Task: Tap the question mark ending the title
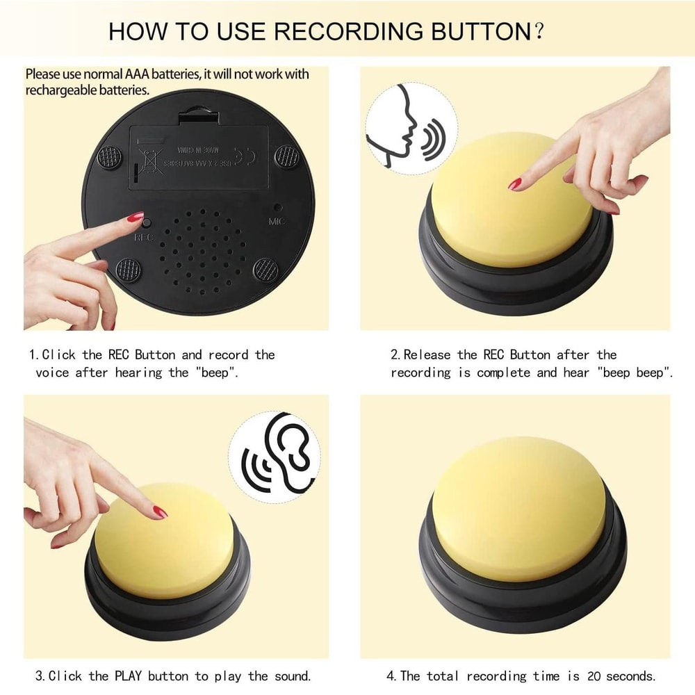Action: click(x=537, y=31)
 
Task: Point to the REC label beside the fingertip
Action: click(x=143, y=237)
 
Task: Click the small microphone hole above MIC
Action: click(x=277, y=207)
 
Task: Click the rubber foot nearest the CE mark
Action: click(x=286, y=156)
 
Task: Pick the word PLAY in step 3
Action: click(x=128, y=676)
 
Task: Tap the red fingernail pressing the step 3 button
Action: click(x=160, y=512)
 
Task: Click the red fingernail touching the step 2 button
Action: click(x=514, y=184)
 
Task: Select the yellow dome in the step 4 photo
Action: click(x=518, y=507)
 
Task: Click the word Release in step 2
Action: click(x=428, y=354)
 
